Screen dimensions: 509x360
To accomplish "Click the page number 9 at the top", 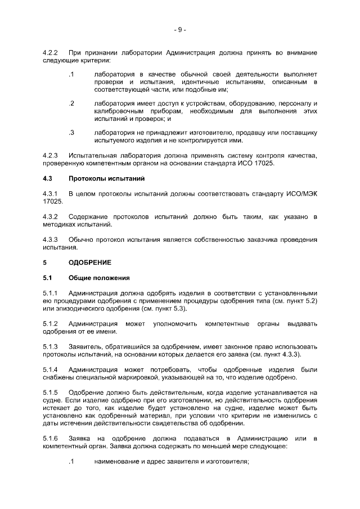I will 180,29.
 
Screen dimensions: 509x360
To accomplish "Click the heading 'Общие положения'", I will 99,278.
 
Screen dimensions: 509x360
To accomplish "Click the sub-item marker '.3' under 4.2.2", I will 71,133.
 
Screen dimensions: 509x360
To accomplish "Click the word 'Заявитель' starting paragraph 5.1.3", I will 85,346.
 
